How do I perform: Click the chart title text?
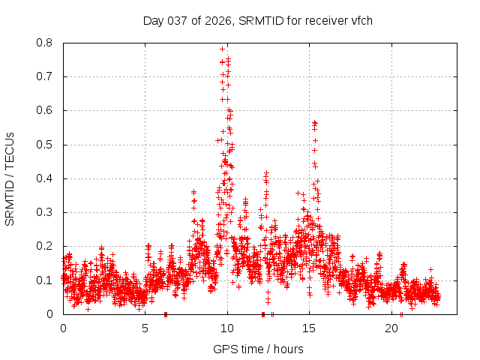pos(257,20)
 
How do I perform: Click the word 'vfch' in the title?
pos(361,20)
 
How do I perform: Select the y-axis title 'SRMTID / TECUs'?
pos(10,178)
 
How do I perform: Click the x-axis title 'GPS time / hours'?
pos(258,349)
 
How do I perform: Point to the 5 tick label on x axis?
pos(145,328)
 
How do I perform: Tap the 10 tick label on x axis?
pos(227,328)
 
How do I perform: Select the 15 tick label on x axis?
pos(309,328)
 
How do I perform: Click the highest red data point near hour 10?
pos(222,49)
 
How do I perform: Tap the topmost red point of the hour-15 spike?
pos(314,122)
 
